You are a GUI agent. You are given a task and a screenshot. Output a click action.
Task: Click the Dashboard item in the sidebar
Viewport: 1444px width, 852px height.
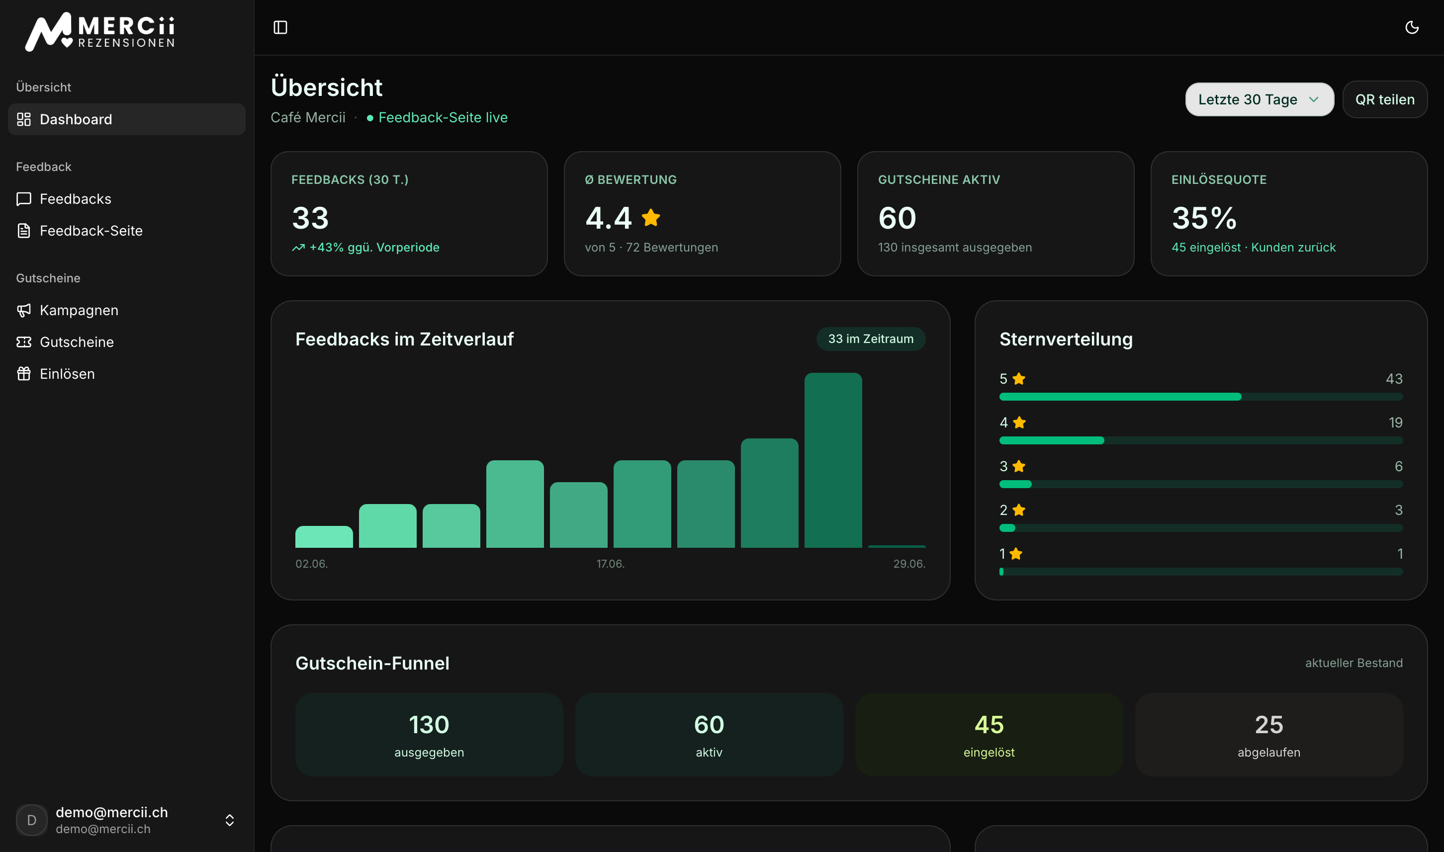[x=126, y=119]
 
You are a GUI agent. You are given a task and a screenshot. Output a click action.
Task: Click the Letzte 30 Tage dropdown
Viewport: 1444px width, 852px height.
[x=1259, y=99]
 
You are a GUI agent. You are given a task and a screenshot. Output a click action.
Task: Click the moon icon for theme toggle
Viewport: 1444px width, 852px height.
[x=1412, y=27]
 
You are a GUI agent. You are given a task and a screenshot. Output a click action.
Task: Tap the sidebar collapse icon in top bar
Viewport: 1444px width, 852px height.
[x=280, y=27]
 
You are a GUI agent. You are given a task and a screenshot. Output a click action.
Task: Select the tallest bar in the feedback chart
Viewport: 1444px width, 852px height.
[x=833, y=460]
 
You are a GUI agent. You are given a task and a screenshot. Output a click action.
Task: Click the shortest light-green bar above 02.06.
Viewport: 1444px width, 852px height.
[x=324, y=537]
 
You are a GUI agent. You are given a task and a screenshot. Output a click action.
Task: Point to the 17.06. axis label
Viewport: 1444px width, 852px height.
[x=610, y=564]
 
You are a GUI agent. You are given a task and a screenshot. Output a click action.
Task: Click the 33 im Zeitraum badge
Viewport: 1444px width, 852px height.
[x=870, y=339]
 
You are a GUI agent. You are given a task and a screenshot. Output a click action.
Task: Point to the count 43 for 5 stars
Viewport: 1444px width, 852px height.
[x=1394, y=379]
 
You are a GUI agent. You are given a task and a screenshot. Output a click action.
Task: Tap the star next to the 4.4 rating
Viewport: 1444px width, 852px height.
[x=650, y=218]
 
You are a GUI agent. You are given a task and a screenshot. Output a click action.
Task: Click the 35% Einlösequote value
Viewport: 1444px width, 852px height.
[x=1204, y=218]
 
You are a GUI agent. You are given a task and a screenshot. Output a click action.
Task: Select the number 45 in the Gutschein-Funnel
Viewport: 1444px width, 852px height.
[x=989, y=725]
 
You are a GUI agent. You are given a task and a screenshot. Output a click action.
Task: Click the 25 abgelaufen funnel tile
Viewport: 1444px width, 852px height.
[x=1269, y=735]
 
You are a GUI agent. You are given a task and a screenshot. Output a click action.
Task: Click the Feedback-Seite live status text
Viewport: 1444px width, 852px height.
[x=443, y=118]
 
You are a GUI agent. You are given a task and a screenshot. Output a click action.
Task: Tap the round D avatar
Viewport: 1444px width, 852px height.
[x=32, y=820]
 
